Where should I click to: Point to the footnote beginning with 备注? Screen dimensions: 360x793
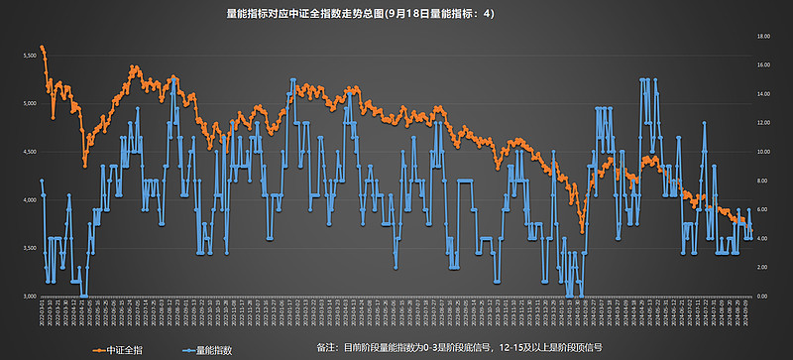[460, 348]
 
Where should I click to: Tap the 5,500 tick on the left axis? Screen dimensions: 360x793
[27, 56]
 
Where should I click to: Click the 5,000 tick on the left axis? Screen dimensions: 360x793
[27, 103]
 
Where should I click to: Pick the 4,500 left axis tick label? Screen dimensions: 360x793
[27, 152]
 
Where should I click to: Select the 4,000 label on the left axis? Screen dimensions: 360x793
[27, 199]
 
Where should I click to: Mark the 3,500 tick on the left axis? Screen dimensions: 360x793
[27, 248]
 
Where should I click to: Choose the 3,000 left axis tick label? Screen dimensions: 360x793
[27, 296]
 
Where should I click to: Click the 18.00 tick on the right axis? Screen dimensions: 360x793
[764, 36]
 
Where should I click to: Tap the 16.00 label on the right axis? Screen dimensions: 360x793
[764, 64]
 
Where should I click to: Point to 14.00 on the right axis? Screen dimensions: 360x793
[764, 93]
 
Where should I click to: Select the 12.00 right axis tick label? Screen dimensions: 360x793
[764, 122]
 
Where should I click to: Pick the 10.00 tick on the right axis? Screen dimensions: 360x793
[764, 152]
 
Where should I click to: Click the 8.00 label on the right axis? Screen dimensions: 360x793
[764, 180]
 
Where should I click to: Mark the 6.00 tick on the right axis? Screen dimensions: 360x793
[764, 209]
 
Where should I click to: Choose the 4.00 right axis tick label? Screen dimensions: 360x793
[764, 238]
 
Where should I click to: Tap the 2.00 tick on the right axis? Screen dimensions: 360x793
[764, 267]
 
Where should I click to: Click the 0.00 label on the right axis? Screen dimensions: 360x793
[764, 296]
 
